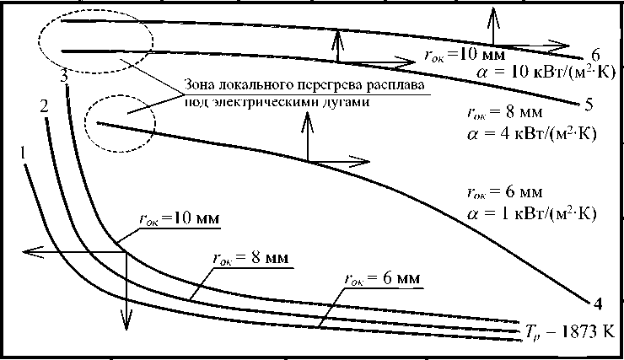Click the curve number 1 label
26,153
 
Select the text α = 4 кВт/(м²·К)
532,133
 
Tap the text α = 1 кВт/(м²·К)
532,213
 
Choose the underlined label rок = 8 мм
246,259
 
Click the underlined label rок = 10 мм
179,218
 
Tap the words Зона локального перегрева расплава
301,87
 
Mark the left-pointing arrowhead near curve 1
29,250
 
